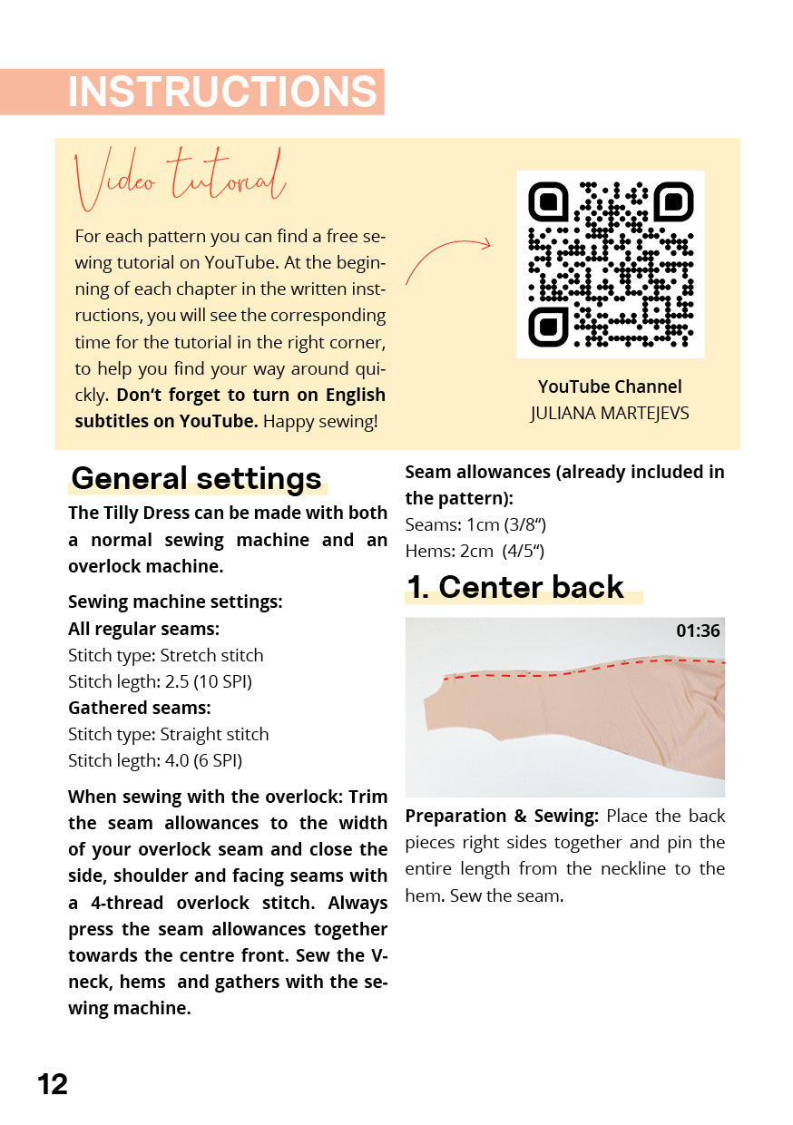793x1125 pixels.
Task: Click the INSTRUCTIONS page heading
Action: [x=222, y=93]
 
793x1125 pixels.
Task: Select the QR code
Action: [x=610, y=264]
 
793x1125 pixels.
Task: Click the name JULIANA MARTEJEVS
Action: [x=610, y=414]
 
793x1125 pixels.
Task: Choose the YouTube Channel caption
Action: [x=610, y=386]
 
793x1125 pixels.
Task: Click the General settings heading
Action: [x=197, y=478]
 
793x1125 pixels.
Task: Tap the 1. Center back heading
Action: [x=514, y=587]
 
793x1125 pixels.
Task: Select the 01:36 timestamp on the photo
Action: [x=698, y=631]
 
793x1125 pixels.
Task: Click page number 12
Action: [x=53, y=1084]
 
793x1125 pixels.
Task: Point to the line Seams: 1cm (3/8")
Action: [x=475, y=524]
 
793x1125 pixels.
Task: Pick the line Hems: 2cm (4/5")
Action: [x=475, y=551]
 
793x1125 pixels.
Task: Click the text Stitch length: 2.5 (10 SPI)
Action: [x=160, y=681]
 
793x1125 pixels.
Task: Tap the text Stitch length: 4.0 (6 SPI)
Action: [x=155, y=760]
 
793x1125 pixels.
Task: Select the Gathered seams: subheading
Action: [x=139, y=708]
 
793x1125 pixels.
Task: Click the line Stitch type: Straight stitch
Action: [x=169, y=734]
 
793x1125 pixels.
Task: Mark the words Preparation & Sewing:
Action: [x=502, y=816]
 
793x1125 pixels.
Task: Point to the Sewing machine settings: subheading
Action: [x=175, y=602]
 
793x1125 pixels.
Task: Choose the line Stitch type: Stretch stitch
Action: [x=166, y=655]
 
